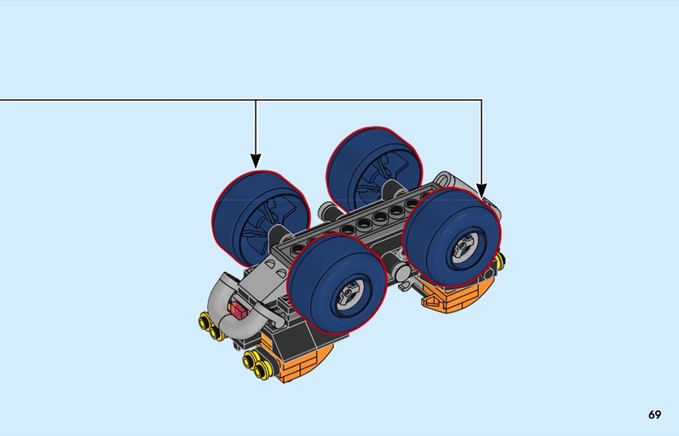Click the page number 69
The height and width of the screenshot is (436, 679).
pyautogui.click(x=654, y=415)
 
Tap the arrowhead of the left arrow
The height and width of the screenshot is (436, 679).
pyautogui.click(x=256, y=161)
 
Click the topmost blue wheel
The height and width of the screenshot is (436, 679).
pyautogui.click(x=374, y=170)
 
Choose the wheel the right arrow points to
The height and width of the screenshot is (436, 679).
pyautogui.click(x=452, y=238)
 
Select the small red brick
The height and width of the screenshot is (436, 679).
pyautogui.click(x=238, y=309)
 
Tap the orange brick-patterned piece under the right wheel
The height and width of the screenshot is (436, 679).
pyautogui.click(x=457, y=295)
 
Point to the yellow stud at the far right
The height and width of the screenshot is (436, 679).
pyautogui.click(x=501, y=260)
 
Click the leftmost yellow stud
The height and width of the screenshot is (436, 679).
pyautogui.click(x=204, y=322)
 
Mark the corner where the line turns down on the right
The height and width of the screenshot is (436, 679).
pyautogui.click(x=481, y=100)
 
